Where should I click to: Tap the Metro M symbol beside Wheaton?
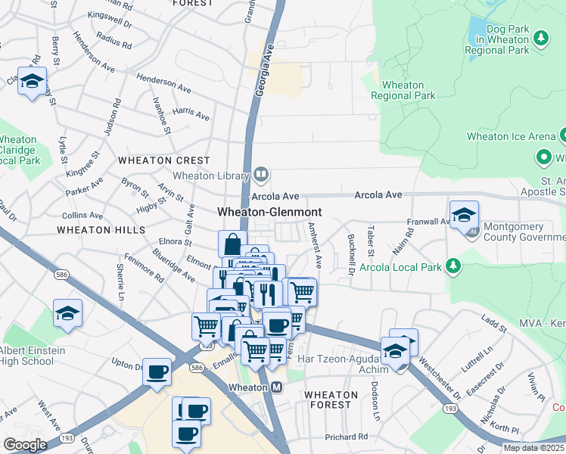[277, 387]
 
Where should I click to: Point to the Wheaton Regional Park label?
[409, 90]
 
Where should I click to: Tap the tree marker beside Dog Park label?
[540, 38]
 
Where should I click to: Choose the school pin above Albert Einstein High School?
[67, 314]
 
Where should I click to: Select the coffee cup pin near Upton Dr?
[157, 372]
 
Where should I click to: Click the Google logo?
[25, 445]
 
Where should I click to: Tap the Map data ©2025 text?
[533, 448]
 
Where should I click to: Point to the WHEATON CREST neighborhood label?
[164, 160]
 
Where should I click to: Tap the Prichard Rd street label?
[346, 437]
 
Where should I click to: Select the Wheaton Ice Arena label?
[511, 137]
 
